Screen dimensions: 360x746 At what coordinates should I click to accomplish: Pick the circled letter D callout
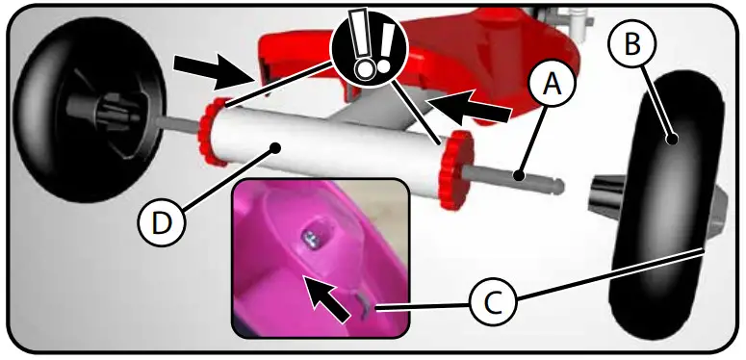click(162, 224)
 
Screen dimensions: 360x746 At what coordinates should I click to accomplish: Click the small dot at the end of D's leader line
click(276, 147)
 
